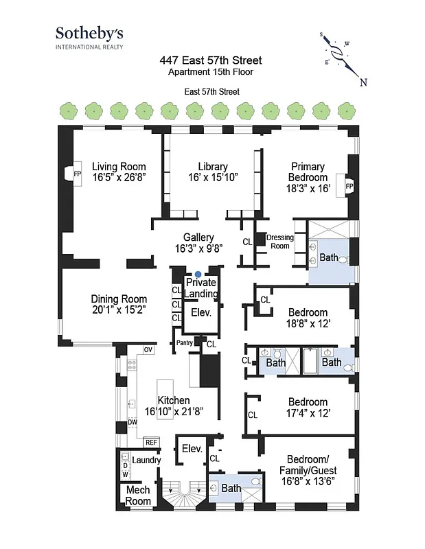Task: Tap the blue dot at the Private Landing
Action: (x=198, y=274)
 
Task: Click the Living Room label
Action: (x=119, y=166)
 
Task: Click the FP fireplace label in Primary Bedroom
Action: (x=349, y=186)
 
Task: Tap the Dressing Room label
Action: (x=279, y=242)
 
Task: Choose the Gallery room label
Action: (x=198, y=237)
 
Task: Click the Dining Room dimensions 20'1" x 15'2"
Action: (x=119, y=310)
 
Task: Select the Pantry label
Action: (x=184, y=342)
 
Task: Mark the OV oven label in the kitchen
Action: (x=148, y=350)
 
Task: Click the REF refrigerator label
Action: (x=151, y=443)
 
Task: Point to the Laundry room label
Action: (x=146, y=460)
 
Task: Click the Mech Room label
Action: (x=138, y=495)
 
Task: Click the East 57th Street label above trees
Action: (x=212, y=91)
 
